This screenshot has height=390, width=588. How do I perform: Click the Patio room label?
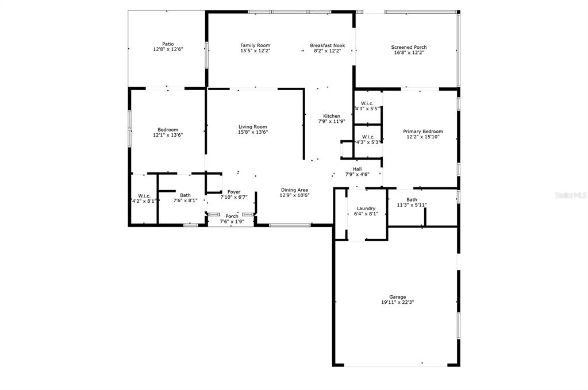coord(168,44)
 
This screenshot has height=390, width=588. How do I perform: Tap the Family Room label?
coord(255,45)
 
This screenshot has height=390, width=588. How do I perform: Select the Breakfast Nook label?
coord(328,45)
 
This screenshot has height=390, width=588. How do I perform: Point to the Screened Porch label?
coord(409,47)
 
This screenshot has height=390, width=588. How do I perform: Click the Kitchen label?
coord(332,116)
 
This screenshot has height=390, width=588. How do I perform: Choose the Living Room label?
coord(253,126)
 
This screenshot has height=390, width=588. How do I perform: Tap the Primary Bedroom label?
coord(423,132)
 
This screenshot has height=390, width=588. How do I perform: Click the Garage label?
coord(398,297)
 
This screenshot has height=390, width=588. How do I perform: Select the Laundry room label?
coord(366,208)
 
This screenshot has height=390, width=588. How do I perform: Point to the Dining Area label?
coord(294,190)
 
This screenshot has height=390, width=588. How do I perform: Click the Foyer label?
coord(233,192)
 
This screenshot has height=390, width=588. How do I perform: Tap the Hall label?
coord(358,169)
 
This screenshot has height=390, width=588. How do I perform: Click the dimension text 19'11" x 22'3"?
coord(398,302)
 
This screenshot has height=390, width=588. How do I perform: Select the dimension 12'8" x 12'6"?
coord(168,49)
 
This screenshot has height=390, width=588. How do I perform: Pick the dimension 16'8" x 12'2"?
coord(409,52)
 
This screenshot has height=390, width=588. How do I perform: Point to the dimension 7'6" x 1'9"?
coord(232,221)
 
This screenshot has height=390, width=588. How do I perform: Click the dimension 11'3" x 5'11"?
coord(412,205)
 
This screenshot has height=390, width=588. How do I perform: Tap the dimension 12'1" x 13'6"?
coord(168,135)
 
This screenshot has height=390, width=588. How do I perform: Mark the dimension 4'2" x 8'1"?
coord(144,201)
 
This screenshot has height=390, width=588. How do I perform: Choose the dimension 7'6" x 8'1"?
coord(185,200)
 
